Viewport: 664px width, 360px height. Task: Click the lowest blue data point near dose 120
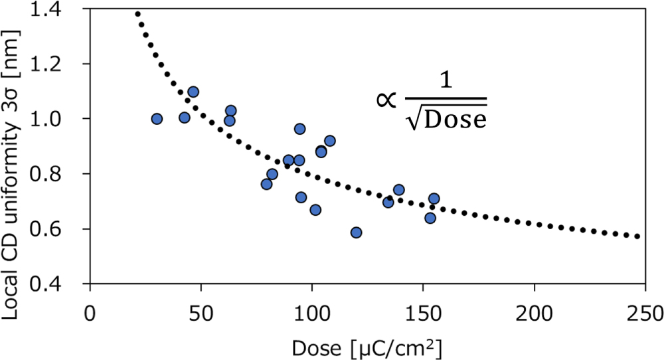click(356, 232)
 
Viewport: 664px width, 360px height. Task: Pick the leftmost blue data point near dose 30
click(157, 119)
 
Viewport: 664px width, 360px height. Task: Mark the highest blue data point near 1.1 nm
click(193, 92)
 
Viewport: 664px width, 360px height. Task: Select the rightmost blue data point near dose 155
click(434, 199)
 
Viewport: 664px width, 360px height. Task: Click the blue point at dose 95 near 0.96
click(299, 129)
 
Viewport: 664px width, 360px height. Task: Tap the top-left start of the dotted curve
click(137, 13)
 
